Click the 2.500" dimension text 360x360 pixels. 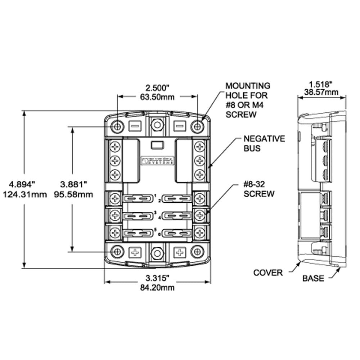(x=157, y=87)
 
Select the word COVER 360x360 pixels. (x=268, y=273)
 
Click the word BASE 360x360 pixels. (x=313, y=278)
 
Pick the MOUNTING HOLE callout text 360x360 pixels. (x=248, y=100)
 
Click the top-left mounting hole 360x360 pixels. (x=117, y=126)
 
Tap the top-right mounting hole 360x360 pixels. (x=197, y=126)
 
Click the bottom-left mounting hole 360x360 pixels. (x=117, y=252)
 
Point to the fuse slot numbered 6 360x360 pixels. (x=176, y=234)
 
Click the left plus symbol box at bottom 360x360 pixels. (x=135, y=252)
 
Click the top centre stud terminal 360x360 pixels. (x=157, y=125)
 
